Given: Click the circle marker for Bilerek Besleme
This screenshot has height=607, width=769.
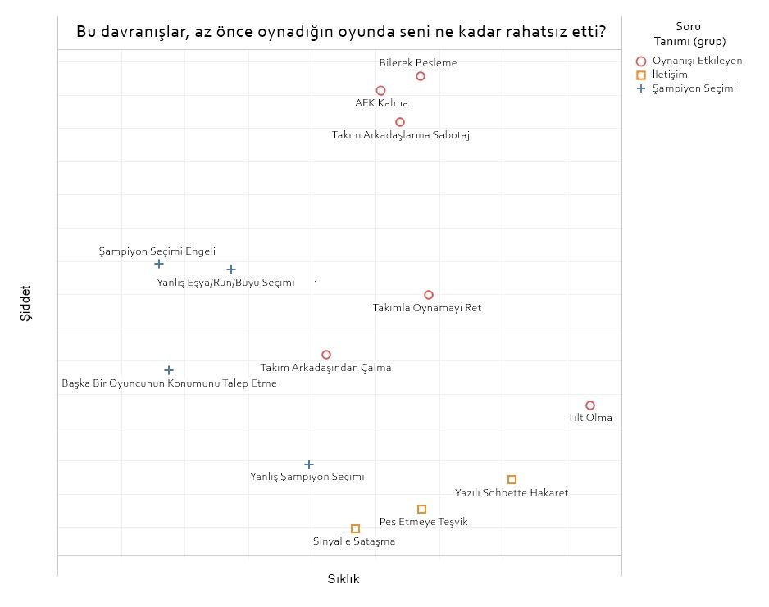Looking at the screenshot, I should [x=421, y=76].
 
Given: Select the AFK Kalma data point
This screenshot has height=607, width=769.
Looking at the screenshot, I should [x=380, y=91].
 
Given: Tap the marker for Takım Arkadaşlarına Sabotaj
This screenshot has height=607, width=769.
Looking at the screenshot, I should [x=400, y=122].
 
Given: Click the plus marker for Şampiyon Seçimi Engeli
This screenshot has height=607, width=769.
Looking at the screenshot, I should [x=159, y=264].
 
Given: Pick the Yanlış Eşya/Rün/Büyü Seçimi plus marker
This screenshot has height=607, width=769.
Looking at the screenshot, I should [x=231, y=270].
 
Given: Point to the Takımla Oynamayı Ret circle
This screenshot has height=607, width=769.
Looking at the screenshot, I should [x=429, y=295].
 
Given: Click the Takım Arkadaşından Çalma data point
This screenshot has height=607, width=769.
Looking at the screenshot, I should [x=326, y=355].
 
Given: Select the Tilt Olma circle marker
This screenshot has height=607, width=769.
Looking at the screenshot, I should [x=590, y=405].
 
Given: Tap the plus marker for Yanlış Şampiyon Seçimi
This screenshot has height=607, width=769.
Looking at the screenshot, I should [x=309, y=464].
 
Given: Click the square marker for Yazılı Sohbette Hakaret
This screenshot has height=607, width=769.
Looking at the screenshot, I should [x=512, y=479].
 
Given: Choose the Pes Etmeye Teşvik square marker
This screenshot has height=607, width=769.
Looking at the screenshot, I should [x=421, y=509].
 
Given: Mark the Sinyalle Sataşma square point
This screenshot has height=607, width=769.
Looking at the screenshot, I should [x=355, y=528].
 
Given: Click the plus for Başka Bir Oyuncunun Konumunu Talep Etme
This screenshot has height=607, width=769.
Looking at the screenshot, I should [x=169, y=370].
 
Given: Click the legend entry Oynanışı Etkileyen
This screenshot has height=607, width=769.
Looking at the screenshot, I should [x=697, y=61].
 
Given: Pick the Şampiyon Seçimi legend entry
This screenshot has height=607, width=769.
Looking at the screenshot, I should [x=694, y=88].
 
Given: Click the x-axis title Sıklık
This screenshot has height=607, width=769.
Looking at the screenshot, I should [x=344, y=579].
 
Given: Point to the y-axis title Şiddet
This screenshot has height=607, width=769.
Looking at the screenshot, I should [x=27, y=303].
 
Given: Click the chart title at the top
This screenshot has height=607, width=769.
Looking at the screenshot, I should [x=341, y=33].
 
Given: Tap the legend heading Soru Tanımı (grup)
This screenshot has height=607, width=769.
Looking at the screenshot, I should [x=689, y=34].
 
